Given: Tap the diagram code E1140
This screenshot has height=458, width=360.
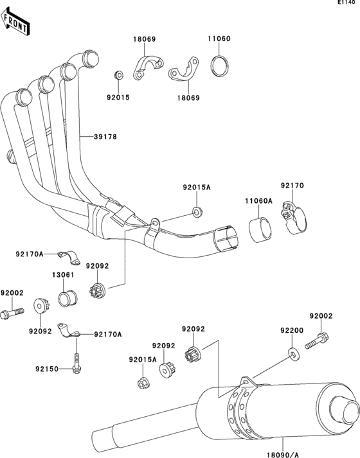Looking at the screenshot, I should pyautogui.click(x=346, y=4).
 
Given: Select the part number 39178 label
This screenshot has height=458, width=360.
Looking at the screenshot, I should pyautogui.click(x=105, y=137).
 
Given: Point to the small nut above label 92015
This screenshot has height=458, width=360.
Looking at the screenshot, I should pyautogui.click(x=118, y=76).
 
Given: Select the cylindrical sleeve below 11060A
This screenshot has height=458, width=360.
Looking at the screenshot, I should pyautogui.click(x=259, y=232).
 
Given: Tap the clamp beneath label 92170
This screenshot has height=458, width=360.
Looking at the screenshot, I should pyautogui.click(x=294, y=218).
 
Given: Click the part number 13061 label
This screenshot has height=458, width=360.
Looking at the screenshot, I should pyautogui.click(x=62, y=275).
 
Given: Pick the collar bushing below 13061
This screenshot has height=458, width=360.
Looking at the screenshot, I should pyautogui.click(x=67, y=297).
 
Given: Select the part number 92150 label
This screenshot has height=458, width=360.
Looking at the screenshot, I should pyautogui.click(x=48, y=369).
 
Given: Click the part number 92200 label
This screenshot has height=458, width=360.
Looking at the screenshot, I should pyautogui.click(x=291, y=330).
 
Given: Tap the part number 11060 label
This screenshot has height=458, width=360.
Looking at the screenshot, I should pyautogui.click(x=219, y=39).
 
